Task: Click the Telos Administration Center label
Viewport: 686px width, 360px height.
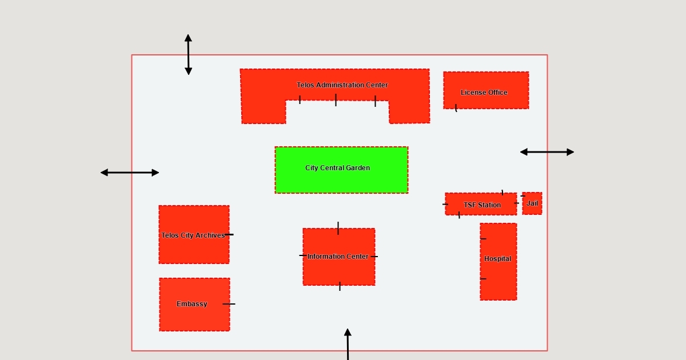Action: [x=342, y=85]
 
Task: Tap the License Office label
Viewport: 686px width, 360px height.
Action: [x=484, y=93]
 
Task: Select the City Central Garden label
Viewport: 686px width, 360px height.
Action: [x=337, y=168]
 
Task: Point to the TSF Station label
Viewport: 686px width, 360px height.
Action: [x=482, y=205]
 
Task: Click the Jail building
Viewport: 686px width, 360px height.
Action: [x=532, y=203]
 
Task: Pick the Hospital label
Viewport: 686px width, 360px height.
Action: [x=497, y=259]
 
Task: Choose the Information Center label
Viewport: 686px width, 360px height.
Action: [x=338, y=257]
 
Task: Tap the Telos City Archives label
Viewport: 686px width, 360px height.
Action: [x=193, y=235]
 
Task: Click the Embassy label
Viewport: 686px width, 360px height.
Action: [x=192, y=304]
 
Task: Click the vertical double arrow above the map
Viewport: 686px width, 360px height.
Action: [x=188, y=54]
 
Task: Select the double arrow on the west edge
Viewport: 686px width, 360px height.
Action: [x=130, y=173]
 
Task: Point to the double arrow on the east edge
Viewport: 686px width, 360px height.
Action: [x=547, y=152]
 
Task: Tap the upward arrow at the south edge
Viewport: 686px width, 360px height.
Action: [x=348, y=343]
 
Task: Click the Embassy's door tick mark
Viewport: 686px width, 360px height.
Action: [x=229, y=304]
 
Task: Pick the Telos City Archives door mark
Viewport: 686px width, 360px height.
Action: [x=229, y=234]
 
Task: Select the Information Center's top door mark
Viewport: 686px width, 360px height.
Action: [x=338, y=228]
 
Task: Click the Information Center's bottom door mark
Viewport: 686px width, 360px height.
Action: [x=340, y=286]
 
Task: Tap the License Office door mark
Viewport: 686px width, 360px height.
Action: [x=456, y=107]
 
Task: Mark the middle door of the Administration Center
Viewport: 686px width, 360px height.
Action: [x=336, y=100]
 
